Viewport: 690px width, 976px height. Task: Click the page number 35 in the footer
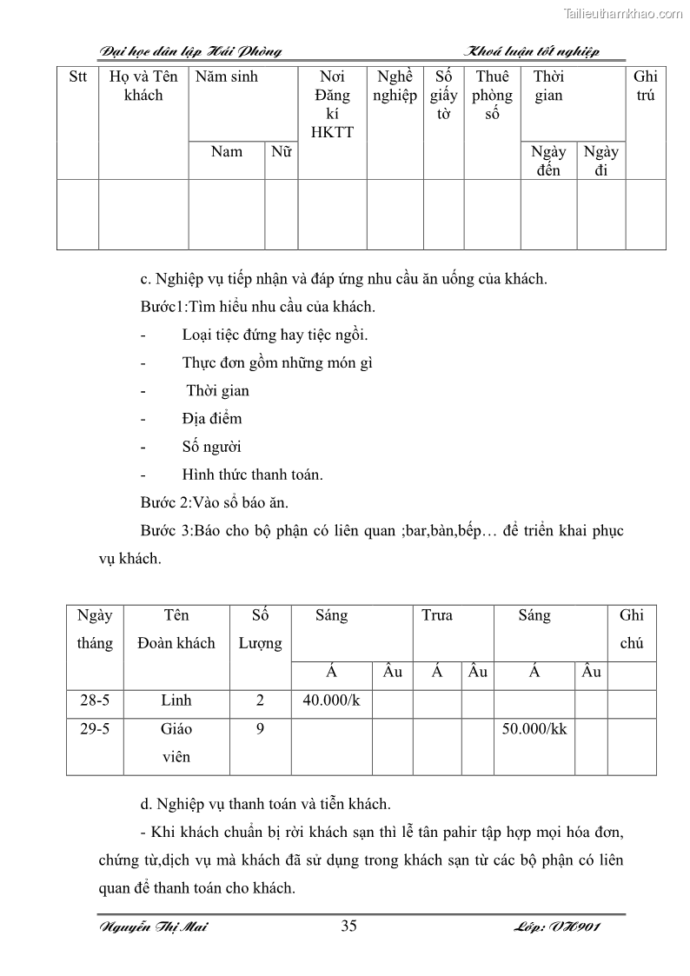348,926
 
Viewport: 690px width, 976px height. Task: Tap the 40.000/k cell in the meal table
331,700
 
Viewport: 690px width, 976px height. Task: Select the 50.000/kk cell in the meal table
534,728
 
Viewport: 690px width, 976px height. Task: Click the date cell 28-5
95,700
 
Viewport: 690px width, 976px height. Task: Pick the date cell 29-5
95,728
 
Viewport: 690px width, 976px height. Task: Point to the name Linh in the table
176,700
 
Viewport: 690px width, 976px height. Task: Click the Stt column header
78,76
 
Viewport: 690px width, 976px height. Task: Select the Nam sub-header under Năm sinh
227,151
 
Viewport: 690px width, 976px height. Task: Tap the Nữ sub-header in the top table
281,151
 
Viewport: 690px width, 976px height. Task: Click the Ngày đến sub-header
548,160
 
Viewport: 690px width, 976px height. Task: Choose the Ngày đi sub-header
601,160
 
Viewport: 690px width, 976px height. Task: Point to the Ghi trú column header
646,86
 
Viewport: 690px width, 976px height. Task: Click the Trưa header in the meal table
437,615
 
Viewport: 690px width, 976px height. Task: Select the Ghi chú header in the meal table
632,629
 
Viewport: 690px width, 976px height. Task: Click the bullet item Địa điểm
212,418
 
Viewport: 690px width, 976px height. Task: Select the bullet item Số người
211,447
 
